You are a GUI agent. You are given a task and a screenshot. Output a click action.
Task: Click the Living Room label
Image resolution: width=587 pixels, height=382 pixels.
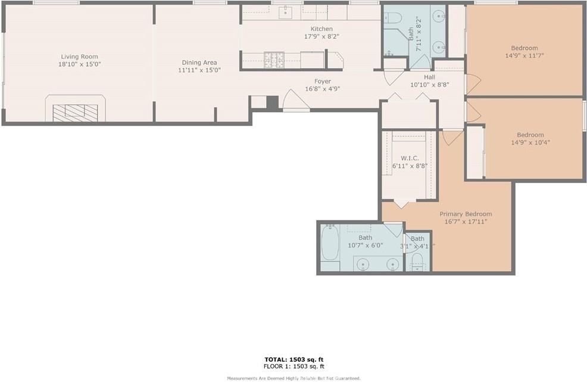[79, 57]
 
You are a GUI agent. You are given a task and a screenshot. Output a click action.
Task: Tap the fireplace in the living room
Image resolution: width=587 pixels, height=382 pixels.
[75, 111]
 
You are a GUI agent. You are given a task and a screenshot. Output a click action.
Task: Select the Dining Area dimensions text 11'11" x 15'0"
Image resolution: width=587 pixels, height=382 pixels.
[199, 70]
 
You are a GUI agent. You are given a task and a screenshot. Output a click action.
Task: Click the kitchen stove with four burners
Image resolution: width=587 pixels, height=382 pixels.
[274, 60]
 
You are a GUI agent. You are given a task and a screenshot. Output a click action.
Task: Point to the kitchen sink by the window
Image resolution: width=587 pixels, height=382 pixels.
[286, 10]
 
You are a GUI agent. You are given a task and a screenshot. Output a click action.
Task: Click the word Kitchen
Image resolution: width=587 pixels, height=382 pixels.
[321, 29]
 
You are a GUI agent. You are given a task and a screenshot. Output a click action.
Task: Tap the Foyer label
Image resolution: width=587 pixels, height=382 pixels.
[322, 82]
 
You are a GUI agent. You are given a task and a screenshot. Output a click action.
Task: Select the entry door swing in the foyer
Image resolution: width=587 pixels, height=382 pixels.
[295, 100]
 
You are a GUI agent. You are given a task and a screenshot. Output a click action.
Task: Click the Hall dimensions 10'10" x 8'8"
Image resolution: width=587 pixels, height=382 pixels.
[429, 85]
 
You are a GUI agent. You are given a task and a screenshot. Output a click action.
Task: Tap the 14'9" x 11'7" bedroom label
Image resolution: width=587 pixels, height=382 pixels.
[524, 56]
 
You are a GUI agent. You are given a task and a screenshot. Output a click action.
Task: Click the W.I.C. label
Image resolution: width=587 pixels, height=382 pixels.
[410, 158]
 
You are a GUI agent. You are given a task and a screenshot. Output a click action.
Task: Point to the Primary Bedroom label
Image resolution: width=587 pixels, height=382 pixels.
[466, 214]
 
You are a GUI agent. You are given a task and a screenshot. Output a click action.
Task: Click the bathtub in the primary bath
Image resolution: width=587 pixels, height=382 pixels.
[330, 243]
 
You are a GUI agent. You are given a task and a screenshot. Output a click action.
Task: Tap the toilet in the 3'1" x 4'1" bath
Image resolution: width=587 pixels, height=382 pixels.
[417, 260]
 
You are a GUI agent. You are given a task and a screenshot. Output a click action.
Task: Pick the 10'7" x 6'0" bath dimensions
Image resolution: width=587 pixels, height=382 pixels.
[365, 245]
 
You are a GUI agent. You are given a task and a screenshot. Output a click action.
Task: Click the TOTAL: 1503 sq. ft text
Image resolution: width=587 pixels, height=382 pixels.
[294, 359]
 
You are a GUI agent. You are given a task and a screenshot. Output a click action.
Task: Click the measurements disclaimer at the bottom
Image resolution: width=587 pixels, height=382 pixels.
[294, 378]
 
